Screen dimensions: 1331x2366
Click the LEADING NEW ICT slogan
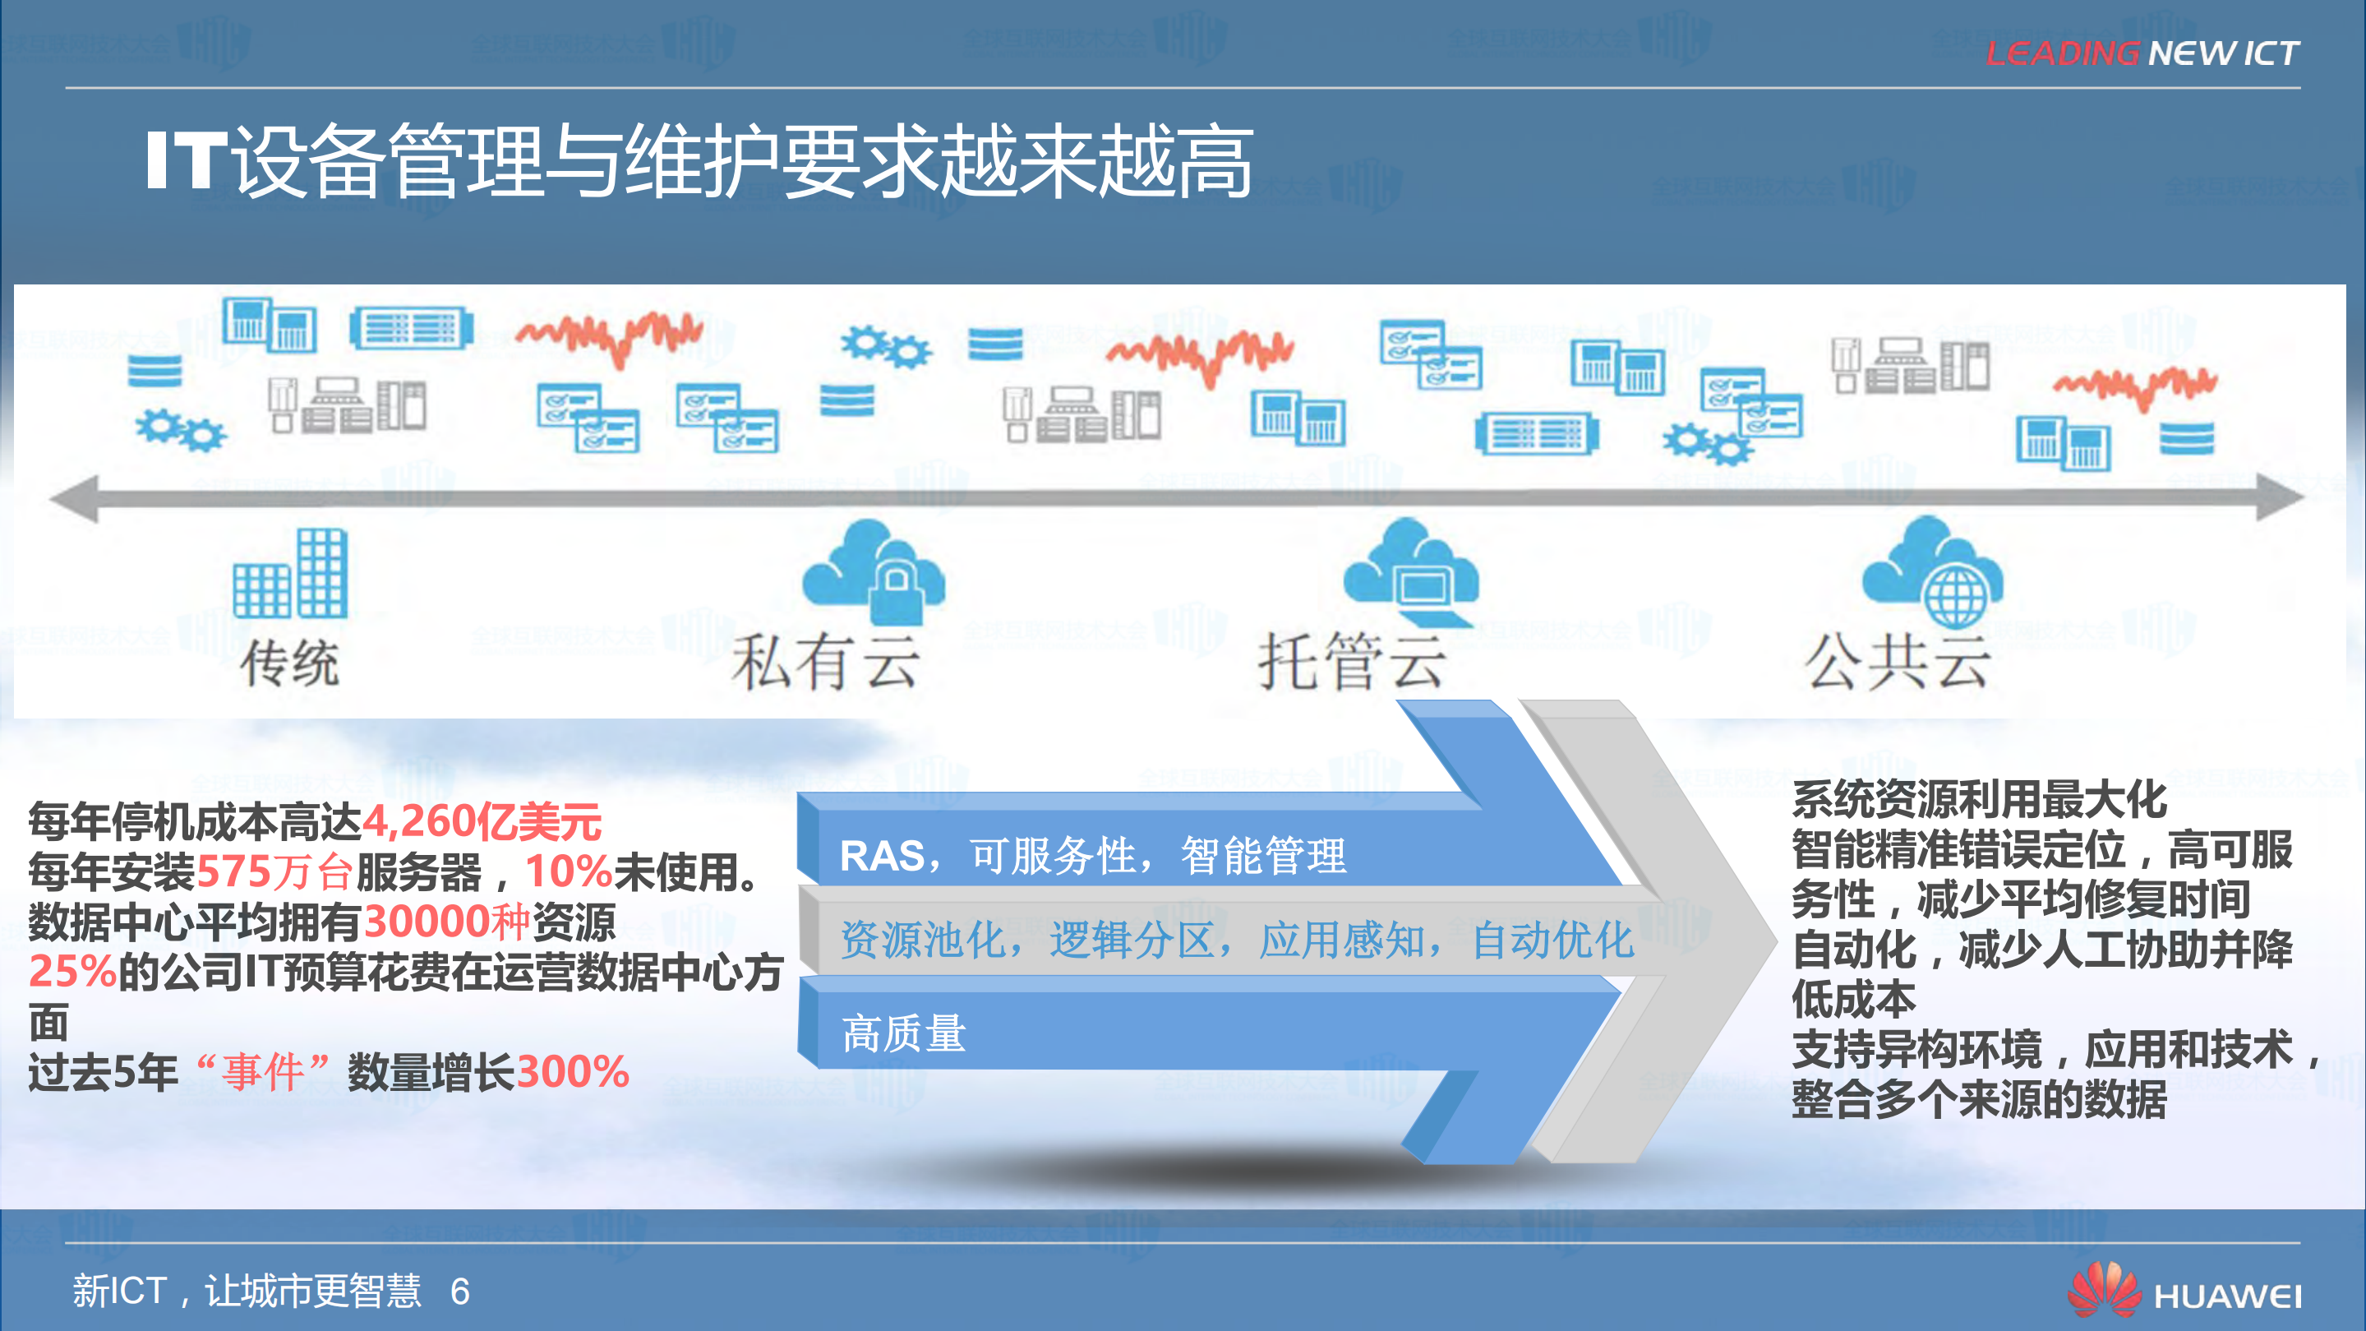point(2142,53)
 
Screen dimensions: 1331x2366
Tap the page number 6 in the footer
point(459,1292)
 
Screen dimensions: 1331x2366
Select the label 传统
point(289,663)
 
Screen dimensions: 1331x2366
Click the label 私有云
point(826,663)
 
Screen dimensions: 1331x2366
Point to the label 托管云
point(1352,663)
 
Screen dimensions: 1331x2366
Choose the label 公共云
point(1898,663)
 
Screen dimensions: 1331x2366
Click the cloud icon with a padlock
point(875,571)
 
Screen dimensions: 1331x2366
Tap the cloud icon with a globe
point(1935,571)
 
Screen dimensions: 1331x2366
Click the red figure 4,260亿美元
point(482,821)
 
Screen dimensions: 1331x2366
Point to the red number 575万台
point(274,871)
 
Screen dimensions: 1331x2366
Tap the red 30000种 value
point(447,922)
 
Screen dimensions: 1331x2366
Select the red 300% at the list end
point(573,1072)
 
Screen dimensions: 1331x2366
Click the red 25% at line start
point(71,972)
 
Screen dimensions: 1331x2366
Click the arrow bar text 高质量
point(904,1033)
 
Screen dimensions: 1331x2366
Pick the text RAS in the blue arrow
point(882,856)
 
